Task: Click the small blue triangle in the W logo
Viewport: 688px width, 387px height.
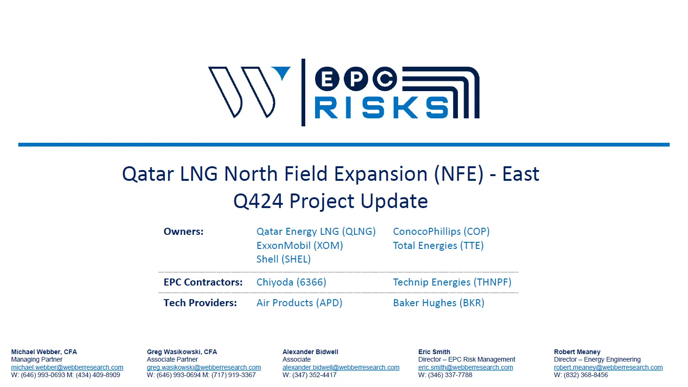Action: tap(284, 72)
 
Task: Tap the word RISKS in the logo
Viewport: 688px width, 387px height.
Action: tap(381, 108)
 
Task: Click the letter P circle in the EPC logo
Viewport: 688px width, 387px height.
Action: tap(356, 78)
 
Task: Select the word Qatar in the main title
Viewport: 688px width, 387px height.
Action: tap(148, 174)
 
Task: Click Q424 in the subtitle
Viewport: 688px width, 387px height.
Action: tap(258, 201)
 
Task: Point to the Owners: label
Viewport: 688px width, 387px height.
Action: tap(183, 232)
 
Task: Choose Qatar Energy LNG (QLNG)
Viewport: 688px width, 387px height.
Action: tap(316, 232)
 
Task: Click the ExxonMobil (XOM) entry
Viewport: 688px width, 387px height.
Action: tap(300, 246)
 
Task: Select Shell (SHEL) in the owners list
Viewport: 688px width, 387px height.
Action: tap(284, 259)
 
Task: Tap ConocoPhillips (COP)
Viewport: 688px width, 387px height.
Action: tap(441, 232)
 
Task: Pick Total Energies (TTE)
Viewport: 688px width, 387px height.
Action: tap(438, 246)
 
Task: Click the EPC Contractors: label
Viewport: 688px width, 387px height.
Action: tap(203, 282)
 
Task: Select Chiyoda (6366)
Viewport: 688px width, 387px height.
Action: tap(292, 282)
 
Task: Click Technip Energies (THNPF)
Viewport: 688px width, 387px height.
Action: tap(452, 282)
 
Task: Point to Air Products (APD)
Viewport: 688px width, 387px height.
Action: tap(300, 303)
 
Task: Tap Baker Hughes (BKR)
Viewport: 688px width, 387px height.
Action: tap(439, 303)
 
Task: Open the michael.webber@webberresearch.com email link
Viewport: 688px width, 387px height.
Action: tap(67, 367)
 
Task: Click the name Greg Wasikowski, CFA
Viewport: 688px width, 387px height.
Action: tap(182, 352)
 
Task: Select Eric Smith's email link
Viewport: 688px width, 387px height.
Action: tap(465, 367)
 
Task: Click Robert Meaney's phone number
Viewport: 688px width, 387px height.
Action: tap(581, 375)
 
